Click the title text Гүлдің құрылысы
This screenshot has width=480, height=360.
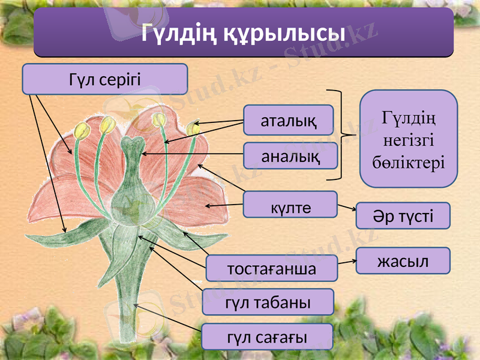click(x=243, y=34)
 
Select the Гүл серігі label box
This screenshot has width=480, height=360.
click(x=105, y=79)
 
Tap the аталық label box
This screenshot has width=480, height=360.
click(x=289, y=120)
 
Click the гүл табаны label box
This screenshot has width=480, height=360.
click(x=268, y=302)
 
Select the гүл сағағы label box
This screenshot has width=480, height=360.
click(x=266, y=337)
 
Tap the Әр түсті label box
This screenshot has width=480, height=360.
click(x=403, y=215)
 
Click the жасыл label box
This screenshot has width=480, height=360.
click(x=403, y=261)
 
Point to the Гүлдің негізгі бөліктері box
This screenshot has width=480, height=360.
click(x=408, y=139)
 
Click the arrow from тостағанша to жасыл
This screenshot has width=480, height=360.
click(x=347, y=262)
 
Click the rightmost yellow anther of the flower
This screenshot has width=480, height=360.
click(x=193, y=128)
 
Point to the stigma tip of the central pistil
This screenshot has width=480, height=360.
click(x=130, y=143)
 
